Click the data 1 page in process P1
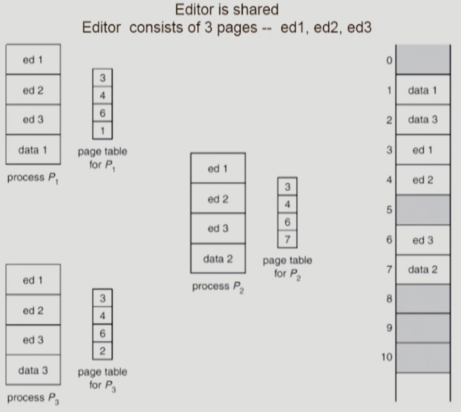pos(33,149)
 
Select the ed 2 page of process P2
pos(218,199)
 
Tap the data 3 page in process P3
pos(33,370)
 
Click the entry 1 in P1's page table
pos(102,131)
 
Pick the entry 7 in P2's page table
pos(287,238)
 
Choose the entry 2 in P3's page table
pos(102,351)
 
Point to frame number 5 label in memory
pos(389,210)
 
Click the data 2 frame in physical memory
pos(423,270)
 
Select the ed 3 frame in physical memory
pos(423,240)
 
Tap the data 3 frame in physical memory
pos(423,120)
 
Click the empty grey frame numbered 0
pos(423,60)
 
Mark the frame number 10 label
pos(387,357)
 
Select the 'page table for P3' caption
pos(102,378)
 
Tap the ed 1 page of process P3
pos(33,280)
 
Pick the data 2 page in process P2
pos(218,259)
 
